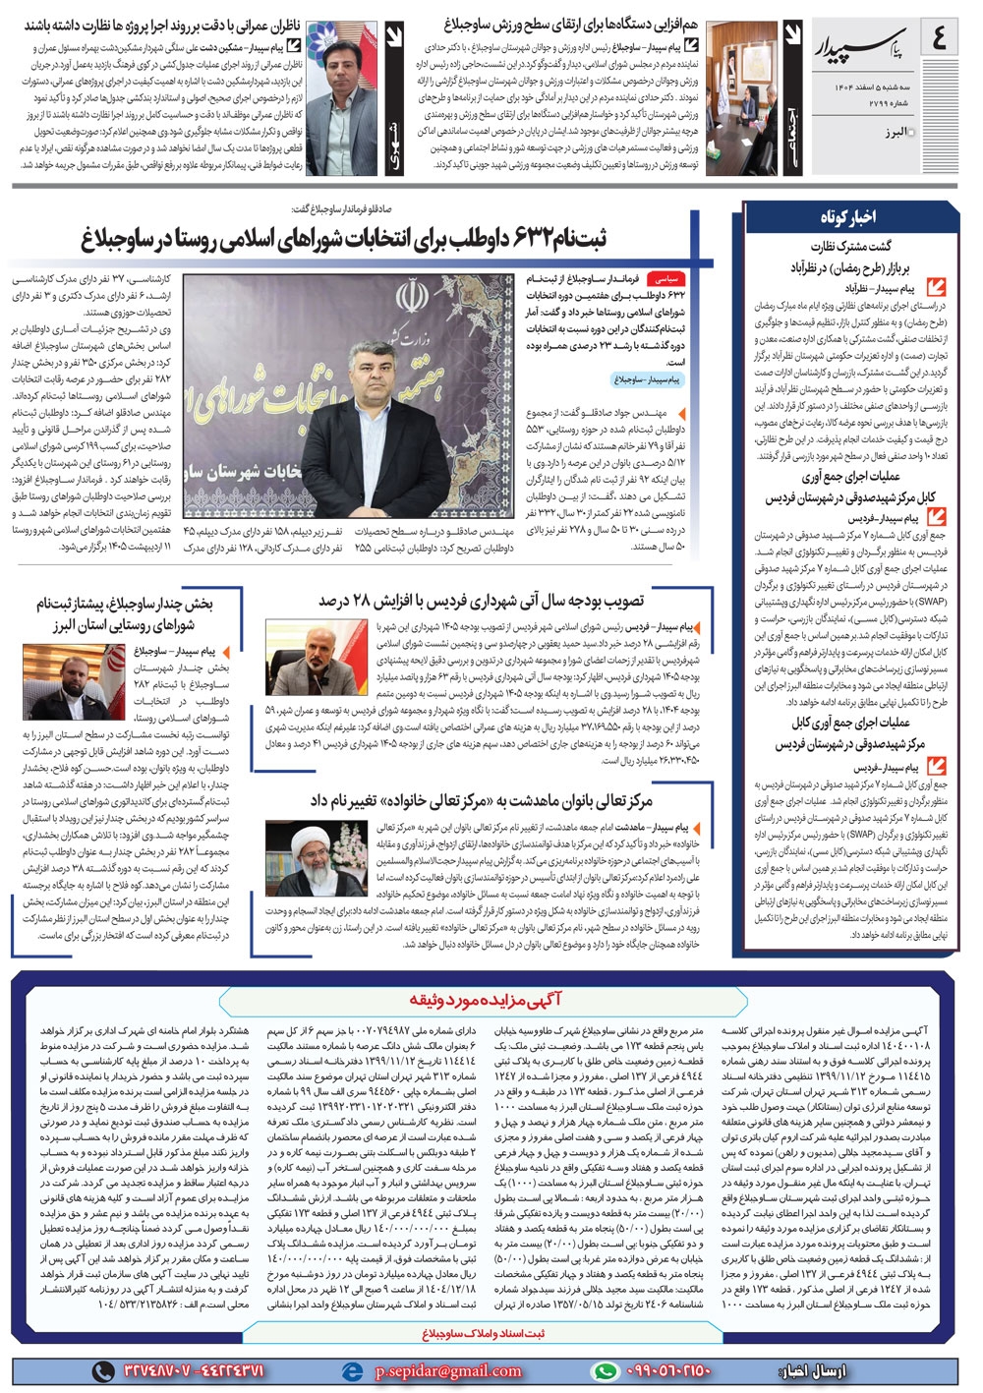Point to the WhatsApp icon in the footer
(606, 1371)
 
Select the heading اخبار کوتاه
(847, 216)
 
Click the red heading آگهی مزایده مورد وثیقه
(486, 1000)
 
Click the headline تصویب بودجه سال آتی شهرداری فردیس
(481, 601)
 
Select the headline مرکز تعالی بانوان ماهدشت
(482, 801)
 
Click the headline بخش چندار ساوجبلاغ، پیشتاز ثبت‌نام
(124, 613)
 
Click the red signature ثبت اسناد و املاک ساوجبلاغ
(483, 1334)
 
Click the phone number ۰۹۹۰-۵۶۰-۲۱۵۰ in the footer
(668, 1371)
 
